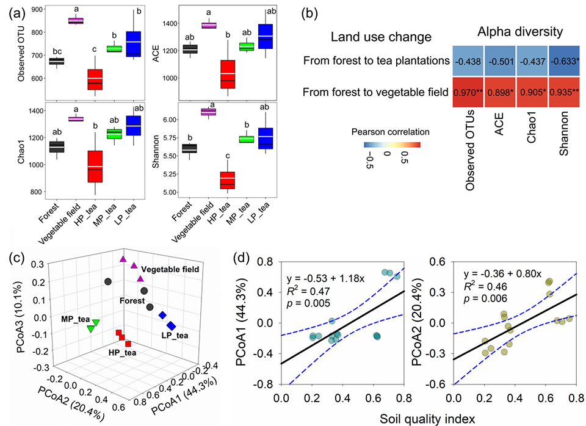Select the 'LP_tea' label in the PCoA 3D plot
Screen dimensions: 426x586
pos(174,335)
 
